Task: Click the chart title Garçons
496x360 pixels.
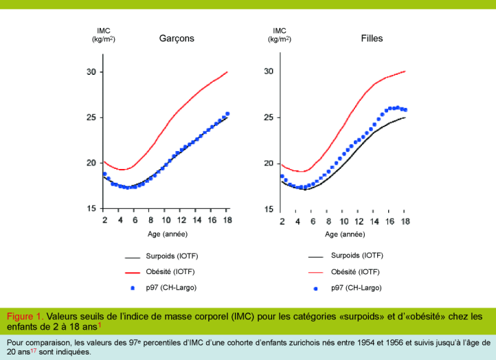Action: pyautogui.click(x=177, y=38)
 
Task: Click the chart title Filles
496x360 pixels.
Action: pyautogui.click(x=372, y=38)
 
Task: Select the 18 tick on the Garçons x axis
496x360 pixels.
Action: pyautogui.click(x=227, y=220)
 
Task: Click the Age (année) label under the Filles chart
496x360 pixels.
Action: pyautogui.click(x=344, y=234)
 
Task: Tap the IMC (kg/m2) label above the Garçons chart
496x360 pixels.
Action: pyautogui.click(x=104, y=35)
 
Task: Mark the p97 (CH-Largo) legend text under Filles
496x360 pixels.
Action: pyautogui.click(x=356, y=287)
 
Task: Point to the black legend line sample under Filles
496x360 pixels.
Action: pyautogui.click(x=316, y=256)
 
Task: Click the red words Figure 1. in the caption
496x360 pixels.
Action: pyautogui.click(x=25, y=316)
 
